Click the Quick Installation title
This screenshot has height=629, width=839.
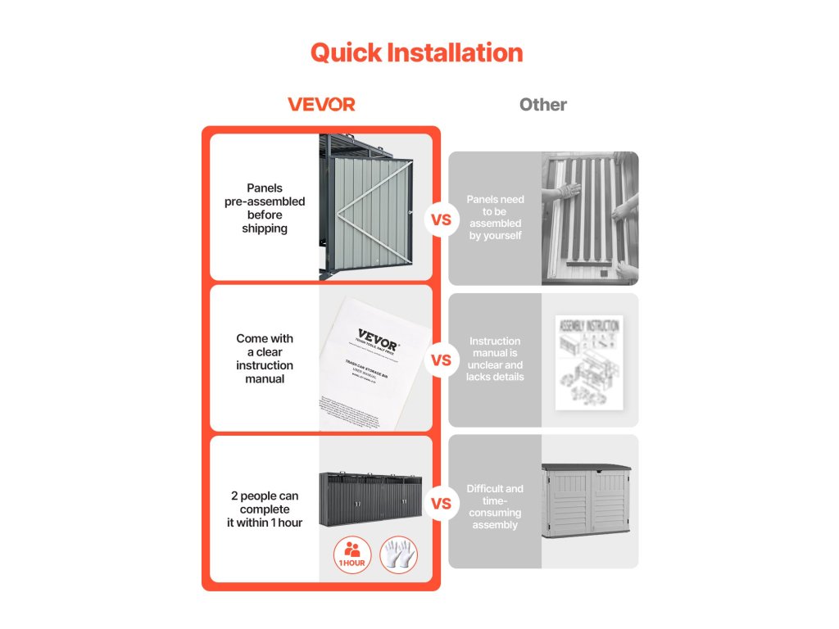tap(416, 53)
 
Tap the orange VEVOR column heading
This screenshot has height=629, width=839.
tap(321, 105)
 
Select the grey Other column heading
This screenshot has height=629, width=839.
tap(542, 105)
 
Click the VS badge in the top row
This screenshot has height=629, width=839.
tap(441, 220)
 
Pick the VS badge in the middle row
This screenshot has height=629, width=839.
tap(441, 360)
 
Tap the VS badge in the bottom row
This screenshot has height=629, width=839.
tap(441, 504)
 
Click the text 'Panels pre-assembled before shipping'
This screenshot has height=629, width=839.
tap(265, 208)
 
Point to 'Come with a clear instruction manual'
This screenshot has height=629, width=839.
tap(265, 359)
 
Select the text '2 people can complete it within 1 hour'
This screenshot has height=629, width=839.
tap(265, 509)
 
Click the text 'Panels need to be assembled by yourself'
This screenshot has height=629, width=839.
tap(495, 217)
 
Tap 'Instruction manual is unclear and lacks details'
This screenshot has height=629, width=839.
tap(495, 359)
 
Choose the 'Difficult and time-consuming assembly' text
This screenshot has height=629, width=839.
tap(495, 506)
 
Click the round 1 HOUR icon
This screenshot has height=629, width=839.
tap(352, 554)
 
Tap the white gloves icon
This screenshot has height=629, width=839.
tap(398, 554)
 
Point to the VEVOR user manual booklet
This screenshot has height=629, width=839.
tap(373, 360)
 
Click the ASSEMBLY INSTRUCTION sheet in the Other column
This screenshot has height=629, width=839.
tap(588, 361)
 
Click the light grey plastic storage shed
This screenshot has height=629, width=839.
tap(586, 502)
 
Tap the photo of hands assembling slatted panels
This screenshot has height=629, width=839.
tap(589, 218)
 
